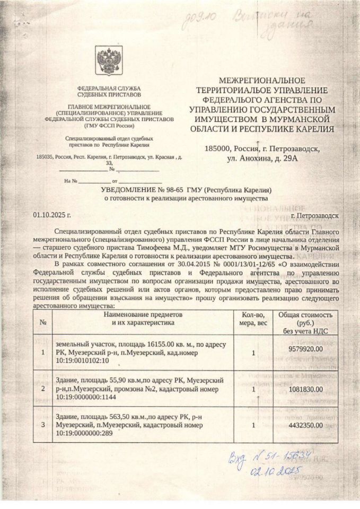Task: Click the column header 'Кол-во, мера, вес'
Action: pos(254,319)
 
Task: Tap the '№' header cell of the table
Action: pos(43,322)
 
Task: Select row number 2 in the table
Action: pos(43,389)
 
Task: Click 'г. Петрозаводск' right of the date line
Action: pos(314,217)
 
